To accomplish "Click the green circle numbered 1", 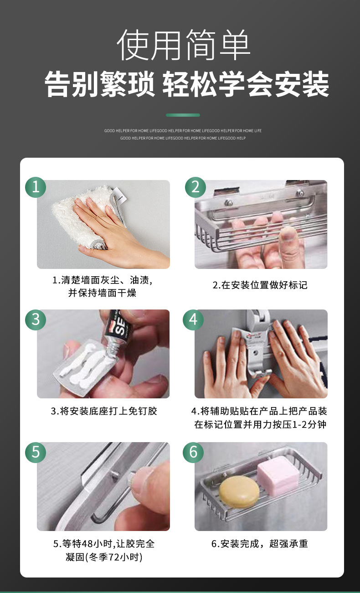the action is pyautogui.click(x=36, y=187).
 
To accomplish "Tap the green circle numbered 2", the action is pyautogui.click(x=195, y=187).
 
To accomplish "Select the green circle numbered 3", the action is pyautogui.click(x=36, y=320).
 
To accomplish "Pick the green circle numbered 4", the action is pyautogui.click(x=193, y=320).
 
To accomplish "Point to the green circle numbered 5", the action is pyautogui.click(x=36, y=453).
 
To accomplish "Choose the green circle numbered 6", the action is pyautogui.click(x=193, y=453).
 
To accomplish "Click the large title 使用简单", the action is pyautogui.click(x=183, y=45).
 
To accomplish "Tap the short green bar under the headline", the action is pyautogui.click(x=183, y=115).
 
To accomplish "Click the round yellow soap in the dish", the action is pyautogui.click(x=240, y=492).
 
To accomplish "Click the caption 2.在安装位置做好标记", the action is pyautogui.click(x=260, y=285).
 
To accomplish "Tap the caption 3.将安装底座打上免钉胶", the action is pyautogui.click(x=104, y=411).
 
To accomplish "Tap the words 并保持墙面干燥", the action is pyautogui.click(x=102, y=293).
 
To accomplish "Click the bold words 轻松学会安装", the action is pyautogui.click(x=246, y=84).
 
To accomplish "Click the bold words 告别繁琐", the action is pyautogui.click(x=99, y=84).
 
